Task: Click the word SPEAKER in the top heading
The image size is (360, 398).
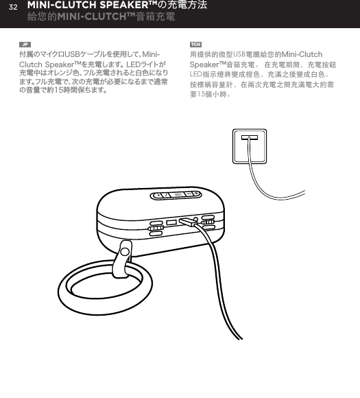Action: tap(131, 6)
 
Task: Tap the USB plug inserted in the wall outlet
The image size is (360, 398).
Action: tap(249, 139)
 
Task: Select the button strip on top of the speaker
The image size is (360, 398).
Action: tap(176, 196)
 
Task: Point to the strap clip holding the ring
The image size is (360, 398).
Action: tap(125, 258)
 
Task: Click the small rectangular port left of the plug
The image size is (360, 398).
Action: tap(171, 222)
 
